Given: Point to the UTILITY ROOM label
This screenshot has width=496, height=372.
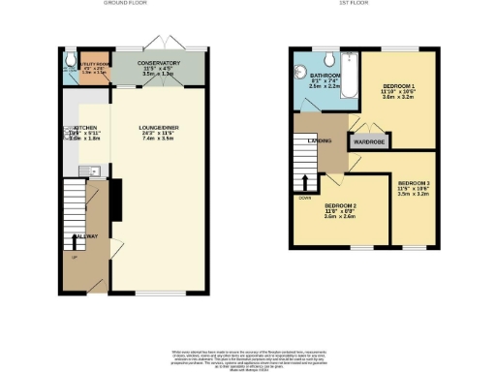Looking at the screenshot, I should coord(93,64).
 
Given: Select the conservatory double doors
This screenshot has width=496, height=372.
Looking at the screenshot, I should coord(156,43).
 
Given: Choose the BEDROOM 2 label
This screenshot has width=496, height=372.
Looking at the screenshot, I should coord(342,206).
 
